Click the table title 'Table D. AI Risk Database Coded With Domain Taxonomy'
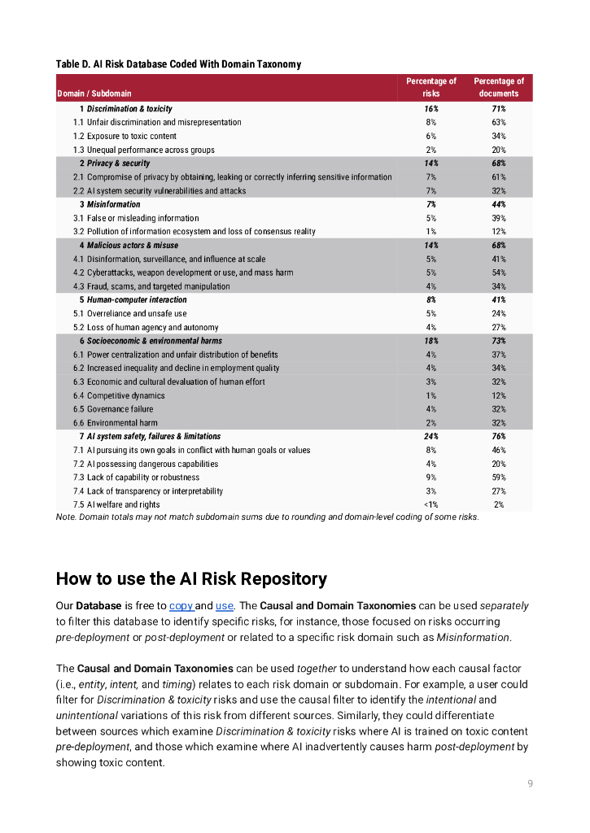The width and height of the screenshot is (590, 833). coord(177,64)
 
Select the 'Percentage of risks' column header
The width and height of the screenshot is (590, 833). coord(430,87)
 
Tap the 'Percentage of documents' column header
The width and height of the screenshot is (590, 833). coord(498,87)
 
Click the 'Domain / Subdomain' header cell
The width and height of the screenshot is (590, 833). coord(94,94)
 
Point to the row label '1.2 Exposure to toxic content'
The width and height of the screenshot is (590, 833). coord(125,136)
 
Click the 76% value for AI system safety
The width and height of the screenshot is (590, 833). coord(498,437)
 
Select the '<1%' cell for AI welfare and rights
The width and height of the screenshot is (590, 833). coord(430,505)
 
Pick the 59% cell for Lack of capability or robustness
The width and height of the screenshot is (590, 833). coord(498,478)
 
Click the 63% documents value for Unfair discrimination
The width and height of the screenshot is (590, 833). coord(498,122)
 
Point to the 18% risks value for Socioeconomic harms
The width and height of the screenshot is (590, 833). coord(430,341)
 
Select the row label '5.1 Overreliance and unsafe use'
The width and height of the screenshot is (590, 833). coord(129,313)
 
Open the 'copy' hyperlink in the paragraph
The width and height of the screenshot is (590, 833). coord(180,606)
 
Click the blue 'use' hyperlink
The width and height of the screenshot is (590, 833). coord(224,606)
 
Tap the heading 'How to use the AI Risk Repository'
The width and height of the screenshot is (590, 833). coord(191,579)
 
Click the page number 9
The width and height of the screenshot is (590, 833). coord(530,783)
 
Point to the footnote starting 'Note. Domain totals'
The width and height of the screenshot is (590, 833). coord(267,517)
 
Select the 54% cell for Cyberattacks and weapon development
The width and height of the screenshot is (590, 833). coord(498,273)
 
